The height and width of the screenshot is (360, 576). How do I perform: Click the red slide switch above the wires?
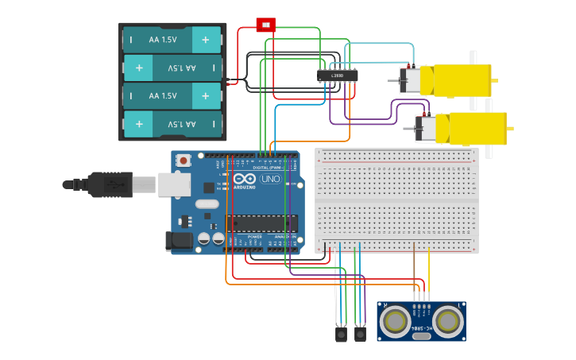tap(265, 25)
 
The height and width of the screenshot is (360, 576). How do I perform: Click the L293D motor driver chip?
tap(338, 75)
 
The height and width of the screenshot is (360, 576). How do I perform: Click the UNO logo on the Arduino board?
tap(270, 179)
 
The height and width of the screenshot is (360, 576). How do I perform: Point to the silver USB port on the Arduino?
tap(174, 184)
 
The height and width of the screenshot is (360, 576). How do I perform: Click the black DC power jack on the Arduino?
tap(179, 241)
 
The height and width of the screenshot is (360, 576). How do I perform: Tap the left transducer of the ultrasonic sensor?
tap(395, 321)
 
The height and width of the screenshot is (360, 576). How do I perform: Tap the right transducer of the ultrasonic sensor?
tap(448, 321)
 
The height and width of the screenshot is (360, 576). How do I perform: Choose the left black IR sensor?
tap(341, 335)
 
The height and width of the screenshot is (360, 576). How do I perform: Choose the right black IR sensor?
tap(360, 335)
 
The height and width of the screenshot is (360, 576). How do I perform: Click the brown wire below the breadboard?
tap(414, 270)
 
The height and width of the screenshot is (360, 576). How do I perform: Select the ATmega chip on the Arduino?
tap(261, 223)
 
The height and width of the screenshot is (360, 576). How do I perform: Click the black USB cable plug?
tap(111, 184)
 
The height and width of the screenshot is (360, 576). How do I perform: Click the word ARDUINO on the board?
tap(245, 188)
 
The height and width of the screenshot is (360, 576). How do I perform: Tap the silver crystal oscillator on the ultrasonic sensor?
tap(422, 336)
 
